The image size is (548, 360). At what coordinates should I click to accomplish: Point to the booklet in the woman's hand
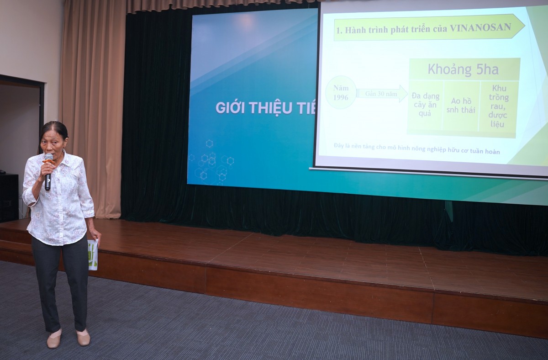pyautogui.click(x=93, y=254)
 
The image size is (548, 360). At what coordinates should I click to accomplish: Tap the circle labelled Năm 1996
pyautogui.click(x=341, y=92)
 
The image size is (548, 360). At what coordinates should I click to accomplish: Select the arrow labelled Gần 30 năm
pyautogui.click(x=382, y=93)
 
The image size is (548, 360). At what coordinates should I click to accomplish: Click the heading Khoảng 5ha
pyautogui.click(x=463, y=69)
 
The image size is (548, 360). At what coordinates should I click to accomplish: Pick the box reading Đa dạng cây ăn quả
pyautogui.click(x=425, y=105)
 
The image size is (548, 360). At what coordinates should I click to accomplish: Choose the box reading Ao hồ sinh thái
pyautogui.click(x=460, y=105)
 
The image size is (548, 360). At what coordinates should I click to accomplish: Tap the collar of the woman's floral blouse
pyautogui.click(x=59, y=158)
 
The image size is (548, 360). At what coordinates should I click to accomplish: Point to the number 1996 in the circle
pyautogui.click(x=341, y=97)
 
